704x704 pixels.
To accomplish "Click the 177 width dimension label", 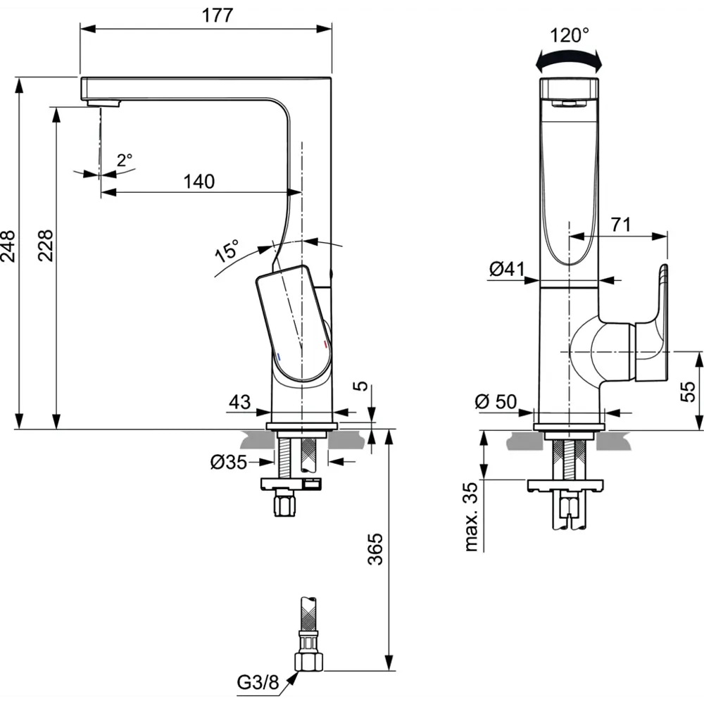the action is click(218, 15).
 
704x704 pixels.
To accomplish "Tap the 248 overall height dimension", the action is click(8, 246).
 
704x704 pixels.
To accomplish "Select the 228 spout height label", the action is click(45, 246).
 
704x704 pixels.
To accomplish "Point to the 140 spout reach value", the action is click(199, 182).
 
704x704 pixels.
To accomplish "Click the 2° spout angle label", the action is click(125, 160).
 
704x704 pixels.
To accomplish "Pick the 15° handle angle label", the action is click(227, 251).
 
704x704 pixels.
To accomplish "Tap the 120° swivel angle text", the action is click(570, 35).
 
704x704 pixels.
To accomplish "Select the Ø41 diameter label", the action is click(507, 269).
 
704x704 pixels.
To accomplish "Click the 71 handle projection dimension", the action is click(620, 225).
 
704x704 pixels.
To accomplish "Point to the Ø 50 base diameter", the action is click(496, 401).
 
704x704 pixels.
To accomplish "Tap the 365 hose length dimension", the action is click(375, 548).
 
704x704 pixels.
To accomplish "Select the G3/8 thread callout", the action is click(258, 682).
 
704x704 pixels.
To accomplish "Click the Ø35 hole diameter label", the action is click(229, 462).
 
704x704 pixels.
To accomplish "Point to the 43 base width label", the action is click(240, 402).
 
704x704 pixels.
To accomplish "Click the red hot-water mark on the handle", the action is click(325, 344).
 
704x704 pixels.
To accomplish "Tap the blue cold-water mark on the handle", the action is click(279, 357).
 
